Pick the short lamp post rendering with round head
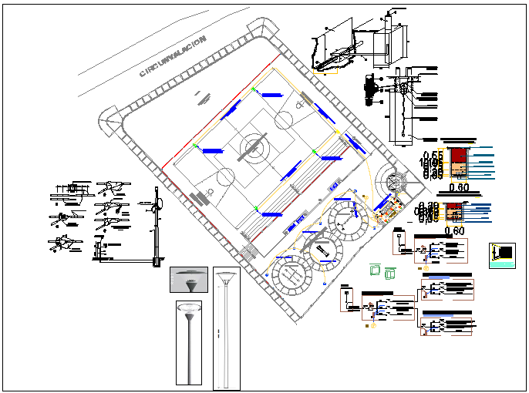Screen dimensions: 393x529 click(x=187, y=342)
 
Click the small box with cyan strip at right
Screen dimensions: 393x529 click(x=501, y=256)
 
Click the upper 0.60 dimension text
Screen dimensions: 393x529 click(x=459, y=187)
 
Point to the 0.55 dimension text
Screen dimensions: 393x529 click(x=434, y=156)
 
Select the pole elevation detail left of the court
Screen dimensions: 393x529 click(x=157, y=223)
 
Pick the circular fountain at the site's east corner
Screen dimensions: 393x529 click(x=394, y=183)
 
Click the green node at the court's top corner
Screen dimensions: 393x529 click(x=255, y=89)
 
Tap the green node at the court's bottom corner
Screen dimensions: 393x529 click(x=255, y=206)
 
